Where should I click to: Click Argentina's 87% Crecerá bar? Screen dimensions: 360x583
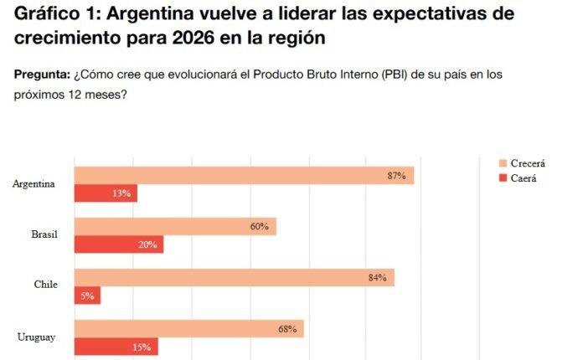click(x=243, y=175)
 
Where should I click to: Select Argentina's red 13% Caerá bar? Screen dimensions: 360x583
click(x=106, y=193)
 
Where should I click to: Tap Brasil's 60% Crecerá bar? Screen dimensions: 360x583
click(x=174, y=226)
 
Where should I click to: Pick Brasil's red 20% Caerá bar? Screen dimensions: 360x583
click(x=118, y=244)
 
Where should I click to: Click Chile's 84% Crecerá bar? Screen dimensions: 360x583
click(x=234, y=277)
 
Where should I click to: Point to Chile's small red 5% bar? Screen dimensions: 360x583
click(x=87, y=296)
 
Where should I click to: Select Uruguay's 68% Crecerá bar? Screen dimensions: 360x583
click(x=188, y=328)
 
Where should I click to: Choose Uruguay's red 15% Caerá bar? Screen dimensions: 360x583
click(x=116, y=347)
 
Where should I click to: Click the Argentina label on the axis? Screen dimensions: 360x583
click(x=34, y=184)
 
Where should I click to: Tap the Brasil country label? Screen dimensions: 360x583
click(x=44, y=234)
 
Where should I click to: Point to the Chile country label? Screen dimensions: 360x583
click(x=45, y=285)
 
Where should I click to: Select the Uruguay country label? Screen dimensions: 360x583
click(x=37, y=337)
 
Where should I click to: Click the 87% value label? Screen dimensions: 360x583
click(x=396, y=176)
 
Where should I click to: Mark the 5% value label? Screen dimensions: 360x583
click(x=87, y=296)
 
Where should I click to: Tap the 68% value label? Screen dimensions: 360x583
click(x=287, y=329)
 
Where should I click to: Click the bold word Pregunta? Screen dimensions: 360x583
click(x=42, y=75)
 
